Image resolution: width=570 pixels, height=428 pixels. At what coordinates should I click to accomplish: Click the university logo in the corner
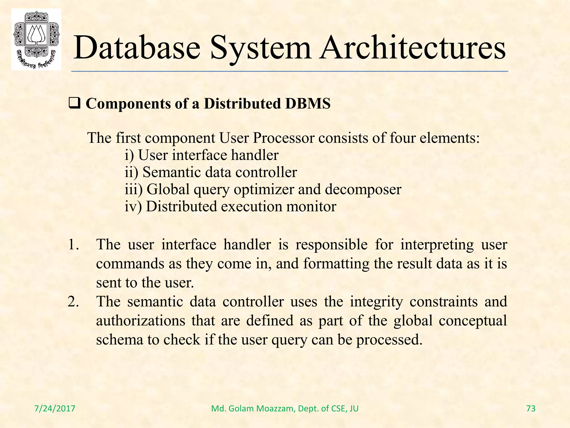pyautogui.click(x=36, y=39)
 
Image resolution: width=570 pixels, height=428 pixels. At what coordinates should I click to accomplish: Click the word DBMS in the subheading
pyautogui.click(x=308, y=104)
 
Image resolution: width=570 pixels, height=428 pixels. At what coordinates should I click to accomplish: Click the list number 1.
pyautogui.click(x=73, y=245)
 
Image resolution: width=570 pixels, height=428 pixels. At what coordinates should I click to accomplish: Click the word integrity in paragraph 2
pyautogui.click(x=376, y=302)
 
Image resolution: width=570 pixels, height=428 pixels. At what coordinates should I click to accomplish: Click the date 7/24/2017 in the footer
pyautogui.click(x=55, y=408)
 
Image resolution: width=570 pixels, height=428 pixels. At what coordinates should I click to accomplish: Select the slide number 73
pyautogui.click(x=531, y=408)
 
